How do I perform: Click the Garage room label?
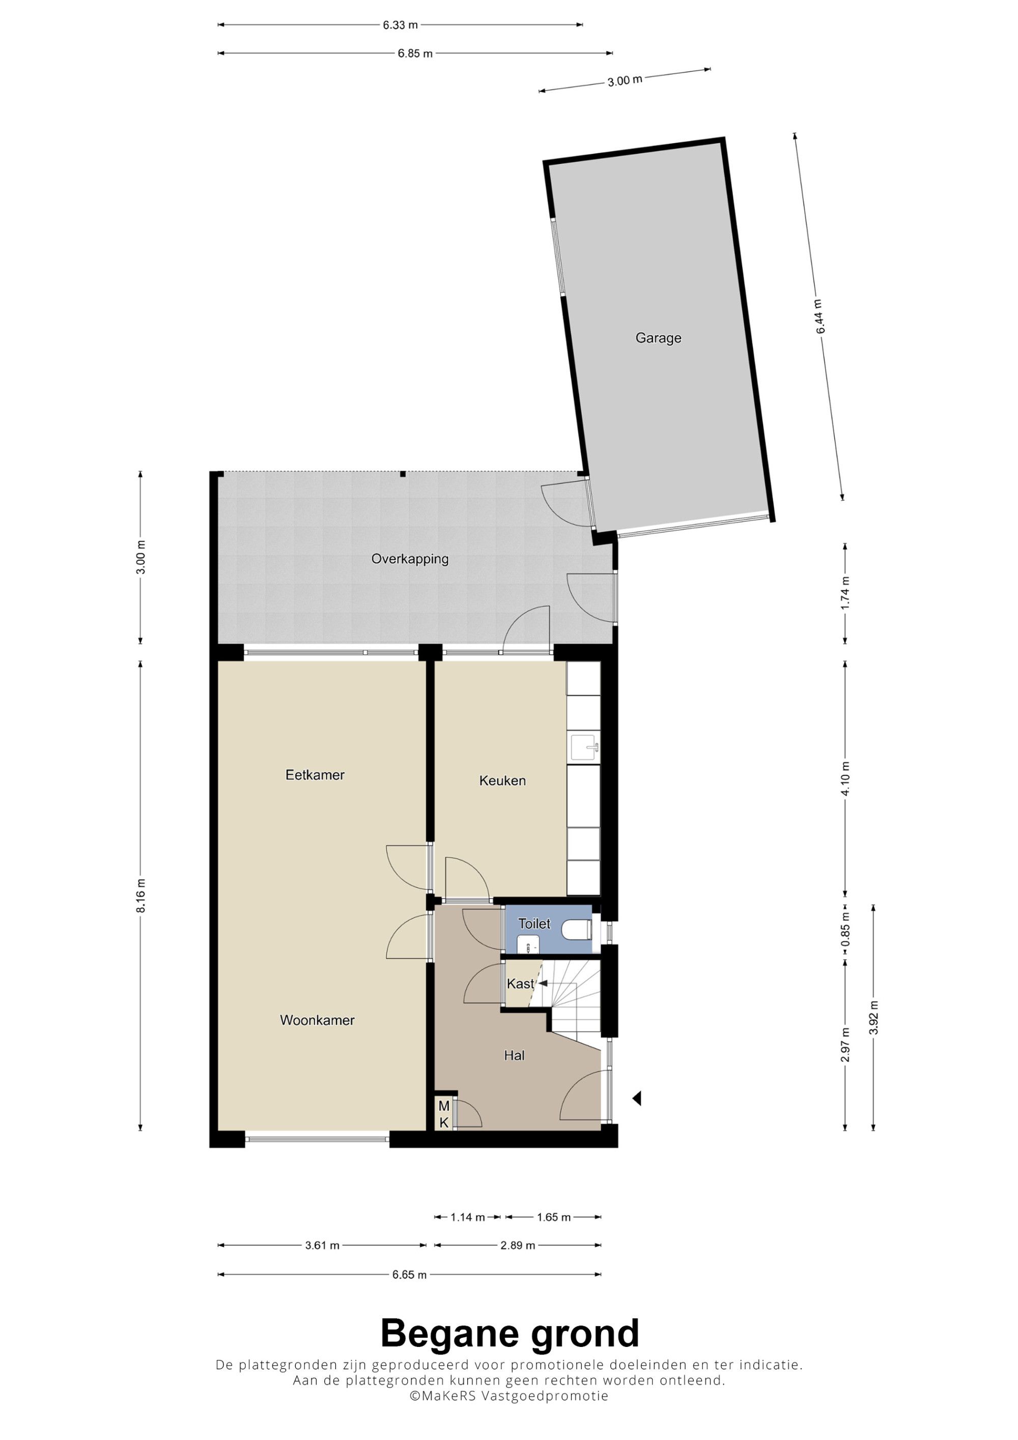coord(658,338)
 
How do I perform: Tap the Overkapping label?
coord(410,559)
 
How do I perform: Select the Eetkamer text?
coord(315,775)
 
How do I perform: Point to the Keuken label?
coord(502,781)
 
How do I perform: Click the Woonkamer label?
coord(318,1020)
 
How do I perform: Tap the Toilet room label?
coord(534,924)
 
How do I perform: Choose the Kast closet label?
coord(521,984)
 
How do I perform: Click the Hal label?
coord(514,1055)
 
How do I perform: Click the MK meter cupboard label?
coord(444,1114)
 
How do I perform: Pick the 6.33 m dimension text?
coord(400,25)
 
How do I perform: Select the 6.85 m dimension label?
coord(415,53)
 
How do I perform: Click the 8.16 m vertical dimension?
coord(140,896)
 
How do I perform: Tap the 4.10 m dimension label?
coord(845,779)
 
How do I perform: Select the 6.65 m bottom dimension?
coord(410,1275)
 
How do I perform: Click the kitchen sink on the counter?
coord(584,747)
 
